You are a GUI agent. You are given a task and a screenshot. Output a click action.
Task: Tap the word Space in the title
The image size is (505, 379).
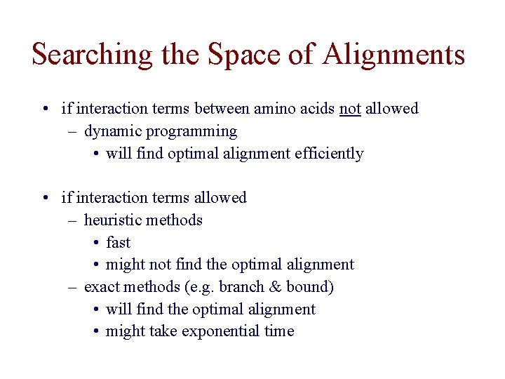pyautogui.click(x=241, y=55)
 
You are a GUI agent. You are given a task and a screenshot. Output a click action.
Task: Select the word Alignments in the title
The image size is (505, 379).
pyautogui.click(x=395, y=55)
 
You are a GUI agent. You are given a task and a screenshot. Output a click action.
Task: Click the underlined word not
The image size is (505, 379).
pyautogui.click(x=350, y=109)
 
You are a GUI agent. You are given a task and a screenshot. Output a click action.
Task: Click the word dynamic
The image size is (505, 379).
pyautogui.click(x=112, y=131)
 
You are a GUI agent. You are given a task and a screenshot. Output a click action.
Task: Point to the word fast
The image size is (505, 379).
pyautogui.click(x=118, y=243)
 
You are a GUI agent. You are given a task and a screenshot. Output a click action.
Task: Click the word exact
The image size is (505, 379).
pyautogui.click(x=101, y=287)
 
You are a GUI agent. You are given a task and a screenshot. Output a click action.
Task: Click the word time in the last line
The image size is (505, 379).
pyautogui.click(x=279, y=331)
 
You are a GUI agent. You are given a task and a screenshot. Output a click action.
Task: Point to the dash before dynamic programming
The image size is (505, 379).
pyautogui.click(x=73, y=131)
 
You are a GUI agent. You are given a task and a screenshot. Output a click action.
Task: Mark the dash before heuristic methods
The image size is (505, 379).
pyautogui.click(x=73, y=220)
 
